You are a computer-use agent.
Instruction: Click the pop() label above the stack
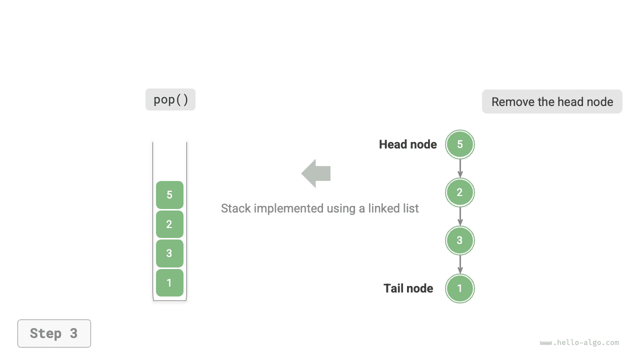point(170,99)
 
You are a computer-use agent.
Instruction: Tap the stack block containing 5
point(169,195)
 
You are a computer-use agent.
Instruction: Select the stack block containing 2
point(169,224)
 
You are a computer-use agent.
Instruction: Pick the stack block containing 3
point(169,253)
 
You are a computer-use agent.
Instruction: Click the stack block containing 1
point(169,282)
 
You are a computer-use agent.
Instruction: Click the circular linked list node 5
point(460,144)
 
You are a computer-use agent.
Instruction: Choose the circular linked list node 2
point(460,192)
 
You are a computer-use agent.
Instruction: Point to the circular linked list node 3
point(460,240)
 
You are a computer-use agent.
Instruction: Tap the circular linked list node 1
point(460,288)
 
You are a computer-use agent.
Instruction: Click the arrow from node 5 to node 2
point(460,168)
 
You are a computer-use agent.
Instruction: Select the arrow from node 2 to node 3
point(460,216)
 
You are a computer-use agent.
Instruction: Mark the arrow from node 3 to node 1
point(460,264)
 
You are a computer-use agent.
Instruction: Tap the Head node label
point(407,144)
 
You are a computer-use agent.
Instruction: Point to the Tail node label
point(408,288)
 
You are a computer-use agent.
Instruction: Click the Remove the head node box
point(552,101)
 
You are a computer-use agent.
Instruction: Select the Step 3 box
point(54,333)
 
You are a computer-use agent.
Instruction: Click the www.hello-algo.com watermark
point(579,342)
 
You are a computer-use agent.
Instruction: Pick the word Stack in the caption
point(235,208)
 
